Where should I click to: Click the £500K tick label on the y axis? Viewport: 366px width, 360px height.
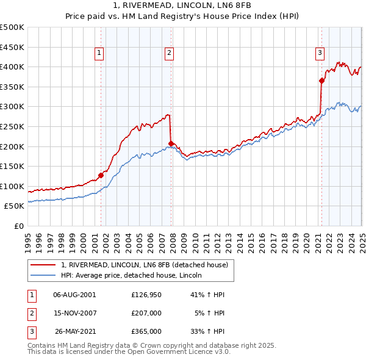tap(12, 27)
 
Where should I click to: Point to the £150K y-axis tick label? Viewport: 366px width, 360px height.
tap(12, 166)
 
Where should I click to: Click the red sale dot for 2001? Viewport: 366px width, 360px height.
tap(101, 175)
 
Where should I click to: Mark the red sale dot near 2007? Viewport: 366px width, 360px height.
tap(171, 143)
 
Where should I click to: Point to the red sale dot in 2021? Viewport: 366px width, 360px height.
tap(321, 81)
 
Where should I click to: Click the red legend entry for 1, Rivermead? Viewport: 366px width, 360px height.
tap(144, 265)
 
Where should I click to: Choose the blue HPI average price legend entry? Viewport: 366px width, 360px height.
tap(135, 276)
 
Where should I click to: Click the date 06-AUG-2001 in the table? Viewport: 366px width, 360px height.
tap(74, 294)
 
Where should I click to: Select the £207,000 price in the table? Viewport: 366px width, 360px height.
tap(146, 313)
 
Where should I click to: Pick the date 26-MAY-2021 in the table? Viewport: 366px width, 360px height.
tap(74, 331)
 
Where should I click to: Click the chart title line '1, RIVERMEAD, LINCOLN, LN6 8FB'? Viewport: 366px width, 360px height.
tap(183, 7)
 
